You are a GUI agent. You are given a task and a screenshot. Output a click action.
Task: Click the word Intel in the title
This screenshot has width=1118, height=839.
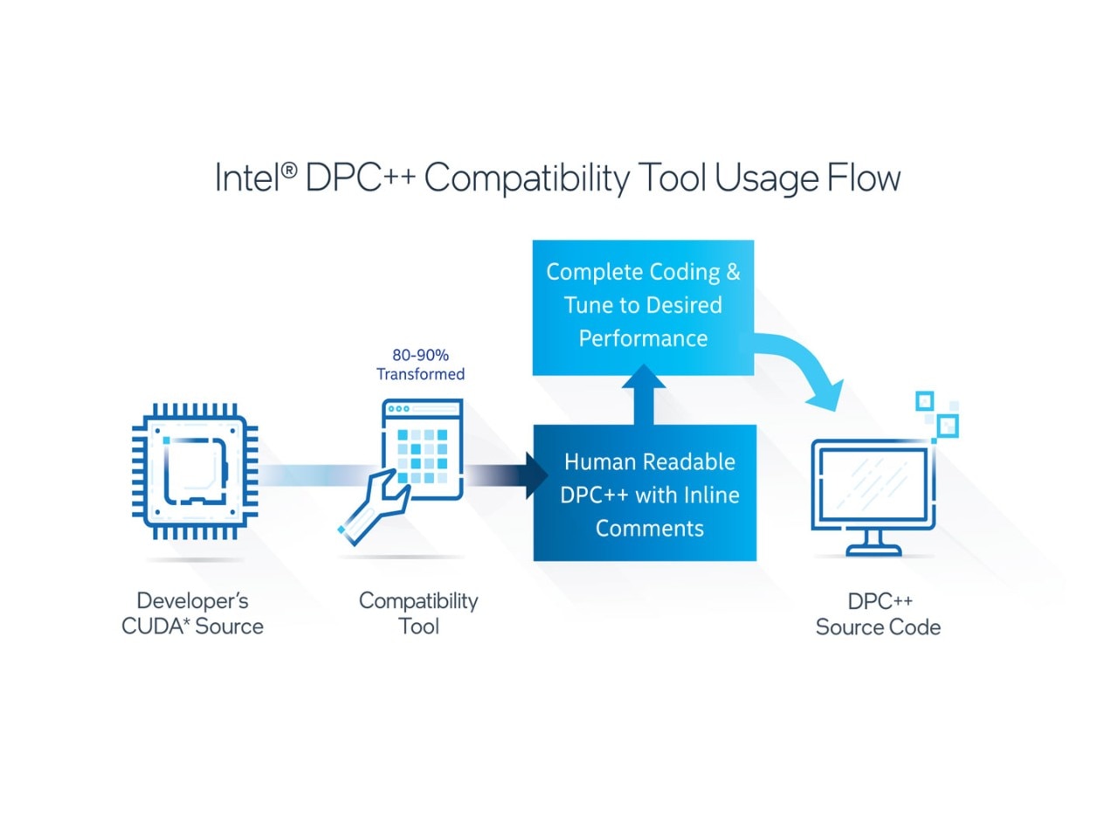coord(247,177)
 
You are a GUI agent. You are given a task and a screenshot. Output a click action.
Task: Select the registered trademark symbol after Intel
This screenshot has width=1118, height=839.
coord(289,170)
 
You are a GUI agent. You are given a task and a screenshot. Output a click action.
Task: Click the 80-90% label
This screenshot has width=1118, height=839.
coord(420,355)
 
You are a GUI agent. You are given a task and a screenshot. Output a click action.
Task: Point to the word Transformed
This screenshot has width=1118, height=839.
coord(420,374)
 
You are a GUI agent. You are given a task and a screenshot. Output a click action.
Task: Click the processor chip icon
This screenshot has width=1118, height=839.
coord(195,471)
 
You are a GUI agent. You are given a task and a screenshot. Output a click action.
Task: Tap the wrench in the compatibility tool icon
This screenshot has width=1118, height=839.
coord(375,507)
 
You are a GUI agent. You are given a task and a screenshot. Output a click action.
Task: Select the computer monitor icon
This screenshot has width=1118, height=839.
coord(873,497)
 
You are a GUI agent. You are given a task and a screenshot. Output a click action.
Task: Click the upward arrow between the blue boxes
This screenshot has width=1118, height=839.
coord(644,395)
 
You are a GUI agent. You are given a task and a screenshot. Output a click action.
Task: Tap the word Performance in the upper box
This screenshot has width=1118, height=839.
coord(643,338)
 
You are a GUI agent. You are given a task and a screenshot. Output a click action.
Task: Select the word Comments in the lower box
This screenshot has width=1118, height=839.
coord(650,528)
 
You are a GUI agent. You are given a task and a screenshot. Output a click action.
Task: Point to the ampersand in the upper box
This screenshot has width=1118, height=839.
coord(733,272)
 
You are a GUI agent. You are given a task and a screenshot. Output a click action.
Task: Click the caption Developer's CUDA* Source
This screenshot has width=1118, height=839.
coord(192,614)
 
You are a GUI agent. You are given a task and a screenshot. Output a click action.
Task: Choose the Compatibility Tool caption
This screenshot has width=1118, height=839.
coord(418,614)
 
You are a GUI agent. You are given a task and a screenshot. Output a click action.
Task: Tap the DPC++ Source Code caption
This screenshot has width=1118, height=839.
coord(878,614)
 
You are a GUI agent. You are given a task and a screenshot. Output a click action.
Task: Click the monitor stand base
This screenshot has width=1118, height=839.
coord(873,551)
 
